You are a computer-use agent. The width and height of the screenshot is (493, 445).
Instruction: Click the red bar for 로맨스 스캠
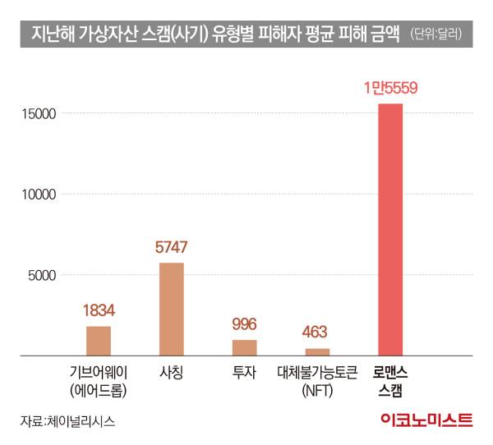pyautogui.click(x=389, y=230)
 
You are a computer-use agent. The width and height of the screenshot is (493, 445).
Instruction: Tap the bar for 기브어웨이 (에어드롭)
pyautogui.click(x=99, y=341)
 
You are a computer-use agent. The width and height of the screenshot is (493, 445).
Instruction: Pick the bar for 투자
pyautogui.click(x=244, y=347)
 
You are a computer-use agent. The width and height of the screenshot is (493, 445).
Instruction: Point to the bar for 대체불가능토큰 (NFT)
pyautogui.click(x=317, y=351)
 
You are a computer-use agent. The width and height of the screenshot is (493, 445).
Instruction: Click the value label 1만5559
pyautogui.click(x=390, y=89)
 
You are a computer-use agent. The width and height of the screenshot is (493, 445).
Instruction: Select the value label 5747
pyautogui.click(x=171, y=246)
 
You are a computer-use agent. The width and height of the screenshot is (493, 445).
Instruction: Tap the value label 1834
pyautogui.click(x=99, y=310)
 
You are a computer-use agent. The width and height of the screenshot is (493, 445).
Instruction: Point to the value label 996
pyautogui.click(x=245, y=323)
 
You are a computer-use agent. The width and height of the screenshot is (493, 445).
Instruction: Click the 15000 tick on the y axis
pyautogui.click(x=39, y=113)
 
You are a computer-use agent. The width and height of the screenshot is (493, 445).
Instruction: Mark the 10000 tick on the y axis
pyautogui.click(x=39, y=195)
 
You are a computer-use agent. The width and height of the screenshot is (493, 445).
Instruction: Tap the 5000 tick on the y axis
pyautogui.click(x=42, y=275)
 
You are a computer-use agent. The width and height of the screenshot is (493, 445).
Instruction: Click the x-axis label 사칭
pyautogui.click(x=171, y=373)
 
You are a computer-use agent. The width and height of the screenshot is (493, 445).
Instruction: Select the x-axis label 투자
pyautogui.click(x=244, y=373)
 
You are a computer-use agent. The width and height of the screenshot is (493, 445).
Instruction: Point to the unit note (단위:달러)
pyautogui.click(x=435, y=34)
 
